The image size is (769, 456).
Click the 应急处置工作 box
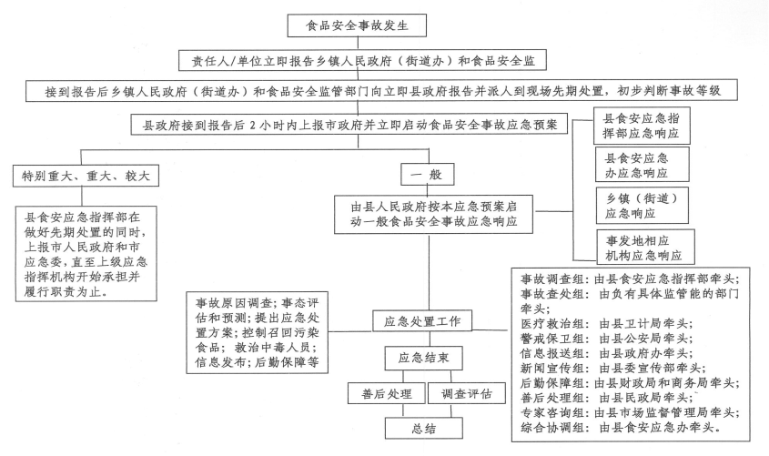click(x=424, y=321)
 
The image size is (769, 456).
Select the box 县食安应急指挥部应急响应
click(x=640, y=126)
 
